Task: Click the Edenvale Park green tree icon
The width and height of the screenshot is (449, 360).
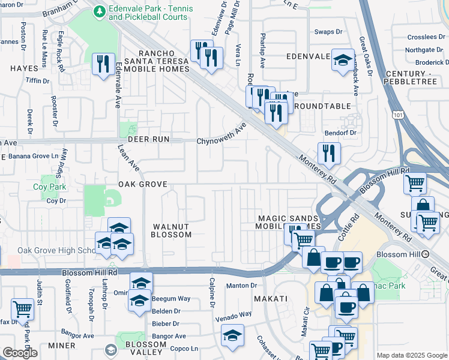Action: (100, 10)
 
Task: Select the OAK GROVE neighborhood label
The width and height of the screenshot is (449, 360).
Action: (142, 184)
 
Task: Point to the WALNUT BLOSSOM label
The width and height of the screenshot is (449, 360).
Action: (172, 230)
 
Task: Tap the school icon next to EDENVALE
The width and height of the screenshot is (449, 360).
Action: (343, 60)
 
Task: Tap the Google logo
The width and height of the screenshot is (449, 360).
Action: (20, 353)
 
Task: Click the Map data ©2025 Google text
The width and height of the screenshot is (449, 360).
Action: (412, 355)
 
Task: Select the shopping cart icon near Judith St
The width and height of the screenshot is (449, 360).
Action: (22, 310)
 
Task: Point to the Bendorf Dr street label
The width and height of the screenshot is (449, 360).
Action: (340, 132)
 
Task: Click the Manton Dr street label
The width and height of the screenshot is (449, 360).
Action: (242, 286)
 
